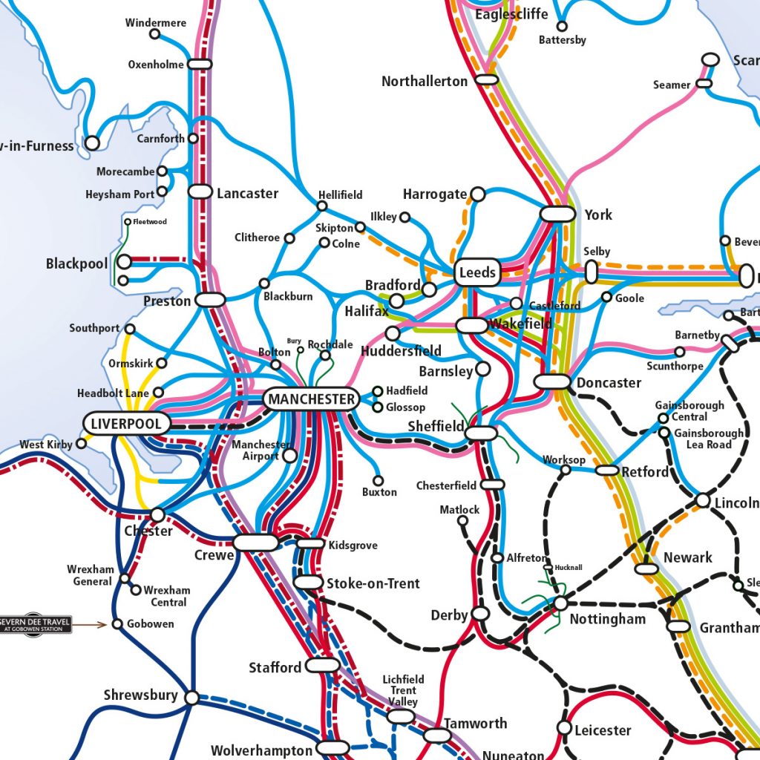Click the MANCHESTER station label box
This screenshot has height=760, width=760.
pos(311,399)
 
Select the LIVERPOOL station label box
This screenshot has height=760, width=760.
pos(127,424)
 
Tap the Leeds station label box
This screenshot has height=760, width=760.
pos(476,272)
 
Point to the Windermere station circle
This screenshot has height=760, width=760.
pos(154,34)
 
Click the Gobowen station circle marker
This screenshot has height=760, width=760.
pos(117,624)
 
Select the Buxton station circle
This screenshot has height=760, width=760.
pos(379,480)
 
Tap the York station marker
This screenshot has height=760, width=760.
pos(557,214)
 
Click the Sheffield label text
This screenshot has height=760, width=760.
pos(436,427)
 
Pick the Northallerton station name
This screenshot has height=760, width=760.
pos(425,82)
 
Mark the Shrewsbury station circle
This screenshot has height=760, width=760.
pos(191,698)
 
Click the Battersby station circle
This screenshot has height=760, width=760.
pos(562,27)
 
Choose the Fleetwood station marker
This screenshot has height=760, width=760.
pos(128,222)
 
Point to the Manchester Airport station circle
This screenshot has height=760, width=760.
pos(289,455)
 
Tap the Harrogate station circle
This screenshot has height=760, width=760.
pos(478,194)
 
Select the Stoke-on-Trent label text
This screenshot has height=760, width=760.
pos(373,583)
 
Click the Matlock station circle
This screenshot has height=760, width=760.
pos(462,520)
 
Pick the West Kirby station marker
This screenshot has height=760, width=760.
pos(80,445)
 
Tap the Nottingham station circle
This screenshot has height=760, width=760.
pos(560,603)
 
